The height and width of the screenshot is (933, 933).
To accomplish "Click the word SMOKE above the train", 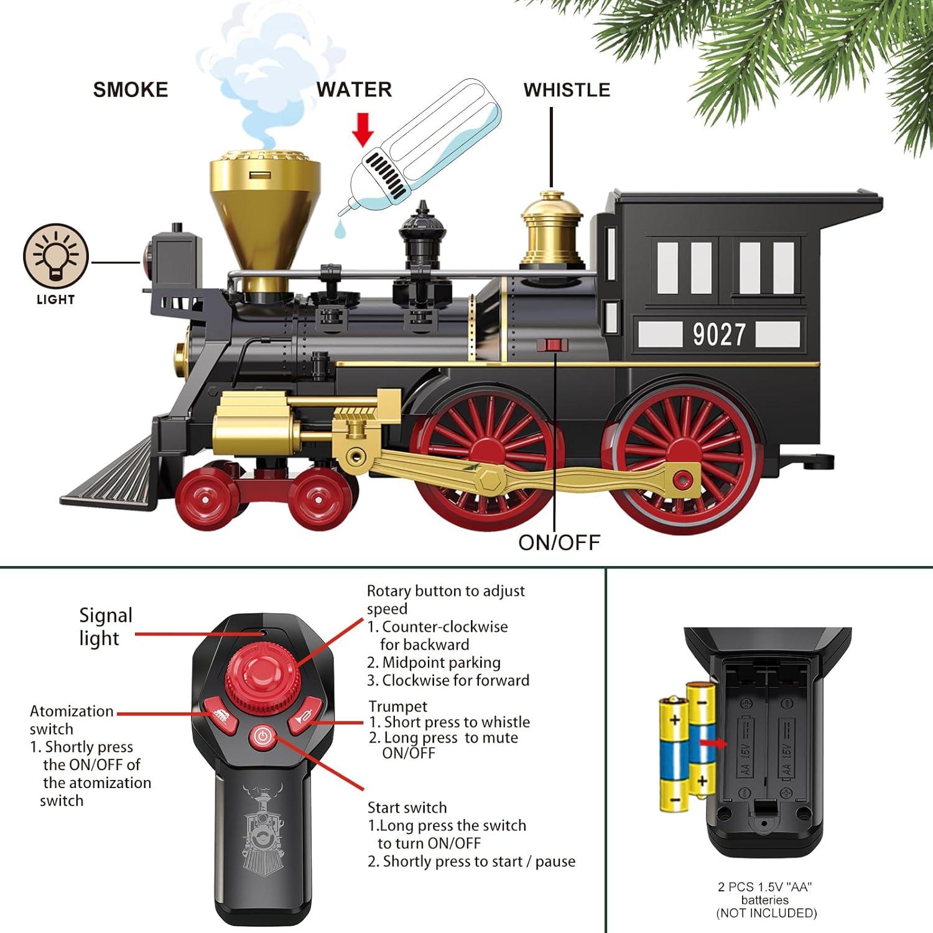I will coord(131,90).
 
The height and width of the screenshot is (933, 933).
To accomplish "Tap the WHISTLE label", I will coord(567,90).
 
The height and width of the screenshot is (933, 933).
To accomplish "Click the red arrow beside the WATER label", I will coord(363,129).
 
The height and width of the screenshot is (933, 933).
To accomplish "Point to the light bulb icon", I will coord(56,256).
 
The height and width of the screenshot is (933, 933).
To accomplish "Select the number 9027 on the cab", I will coord(719,335).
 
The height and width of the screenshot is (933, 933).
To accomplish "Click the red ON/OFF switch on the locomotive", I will coord(553,345).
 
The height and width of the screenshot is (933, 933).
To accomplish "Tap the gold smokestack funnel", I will coord(264,205).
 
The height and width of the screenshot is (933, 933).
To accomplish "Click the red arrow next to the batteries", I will coord(713,742).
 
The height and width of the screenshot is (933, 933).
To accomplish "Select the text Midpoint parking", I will coord(441,662).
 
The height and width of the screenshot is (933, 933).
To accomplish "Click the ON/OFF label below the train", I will coord(559,542).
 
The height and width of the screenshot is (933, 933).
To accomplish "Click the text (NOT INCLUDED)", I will coord(766,913).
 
